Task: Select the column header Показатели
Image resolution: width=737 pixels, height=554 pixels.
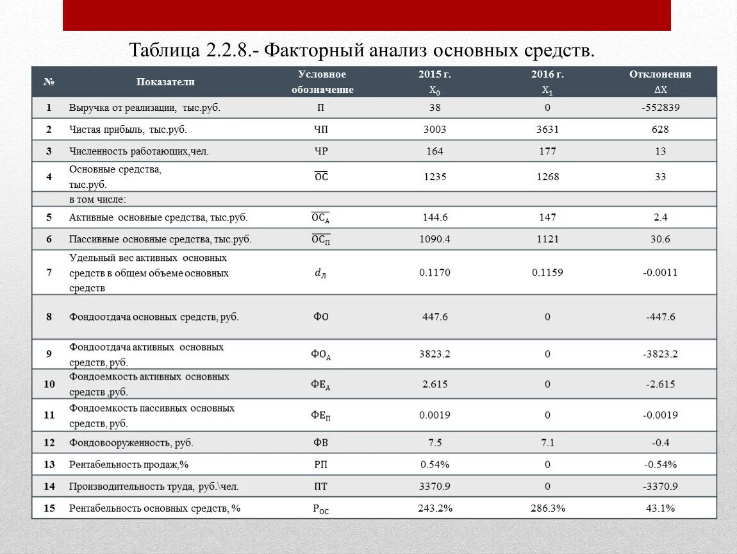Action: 165,82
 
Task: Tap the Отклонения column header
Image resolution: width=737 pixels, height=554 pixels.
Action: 660,74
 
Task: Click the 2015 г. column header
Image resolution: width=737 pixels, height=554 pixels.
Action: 435,74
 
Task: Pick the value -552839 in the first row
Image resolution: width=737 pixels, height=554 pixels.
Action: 660,108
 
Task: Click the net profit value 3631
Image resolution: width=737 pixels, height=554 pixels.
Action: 547,130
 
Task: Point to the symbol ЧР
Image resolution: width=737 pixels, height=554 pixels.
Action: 321,151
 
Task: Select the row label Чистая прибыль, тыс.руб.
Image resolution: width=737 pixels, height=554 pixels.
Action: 128,130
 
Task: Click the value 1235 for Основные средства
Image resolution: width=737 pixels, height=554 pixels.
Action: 435,177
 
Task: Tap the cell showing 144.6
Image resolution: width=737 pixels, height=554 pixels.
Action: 435,217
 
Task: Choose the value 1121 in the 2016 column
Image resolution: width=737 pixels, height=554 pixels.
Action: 547,239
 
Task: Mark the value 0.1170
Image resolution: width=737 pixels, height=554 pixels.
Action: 435,273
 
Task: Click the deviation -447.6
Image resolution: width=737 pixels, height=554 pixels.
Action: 660,317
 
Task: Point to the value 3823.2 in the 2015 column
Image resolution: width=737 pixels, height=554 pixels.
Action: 435,354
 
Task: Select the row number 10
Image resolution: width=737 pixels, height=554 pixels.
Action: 49,384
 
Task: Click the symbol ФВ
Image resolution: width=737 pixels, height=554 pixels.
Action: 321,442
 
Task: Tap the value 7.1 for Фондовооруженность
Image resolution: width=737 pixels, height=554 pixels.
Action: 547,442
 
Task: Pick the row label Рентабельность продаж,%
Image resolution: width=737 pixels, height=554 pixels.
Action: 128,464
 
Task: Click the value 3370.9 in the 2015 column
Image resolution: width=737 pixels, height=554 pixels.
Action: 435,486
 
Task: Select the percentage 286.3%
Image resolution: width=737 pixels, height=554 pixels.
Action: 547,508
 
